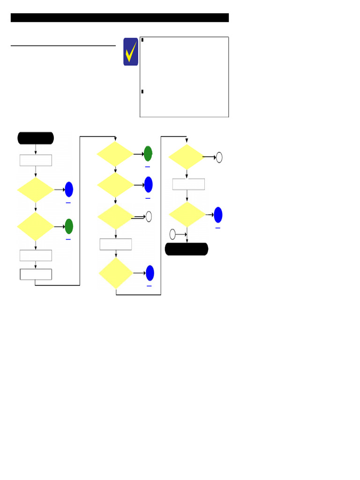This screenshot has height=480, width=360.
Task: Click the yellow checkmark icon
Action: (x=131, y=52)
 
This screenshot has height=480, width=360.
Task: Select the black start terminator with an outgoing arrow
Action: (x=36, y=138)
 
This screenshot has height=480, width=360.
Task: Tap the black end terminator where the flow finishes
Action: (x=187, y=249)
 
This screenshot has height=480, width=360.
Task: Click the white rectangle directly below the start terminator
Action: (x=36, y=160)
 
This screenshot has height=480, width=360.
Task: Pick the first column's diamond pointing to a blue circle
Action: (x=36, y=190)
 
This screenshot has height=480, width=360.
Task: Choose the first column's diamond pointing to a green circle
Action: (x=36, y=226)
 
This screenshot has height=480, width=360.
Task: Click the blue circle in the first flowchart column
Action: (x=69, y=189)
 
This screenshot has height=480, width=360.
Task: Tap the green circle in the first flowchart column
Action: (x=69, y=226)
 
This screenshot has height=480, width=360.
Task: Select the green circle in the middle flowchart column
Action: (x=148, y=154)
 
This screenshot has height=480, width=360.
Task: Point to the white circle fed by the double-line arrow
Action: (x=149, y=217)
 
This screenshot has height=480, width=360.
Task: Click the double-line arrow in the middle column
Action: (x=138, y=217)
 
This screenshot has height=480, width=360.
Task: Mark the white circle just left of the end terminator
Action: (x=172, y=234)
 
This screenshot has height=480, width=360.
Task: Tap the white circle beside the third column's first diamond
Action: (x=219, y=157)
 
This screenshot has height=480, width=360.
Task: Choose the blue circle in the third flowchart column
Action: (x=218, y=215)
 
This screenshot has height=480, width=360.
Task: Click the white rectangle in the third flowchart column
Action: (x=188, y=184)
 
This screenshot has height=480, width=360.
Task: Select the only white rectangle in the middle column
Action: (x=116, y=244)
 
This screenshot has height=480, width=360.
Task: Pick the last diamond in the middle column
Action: (x=116, y=273)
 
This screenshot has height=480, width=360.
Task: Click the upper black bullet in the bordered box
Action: (x=142, y=40)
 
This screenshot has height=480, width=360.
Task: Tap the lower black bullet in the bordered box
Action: (x=142, y=91)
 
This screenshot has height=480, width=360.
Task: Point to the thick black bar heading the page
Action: (x=120, y=18)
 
